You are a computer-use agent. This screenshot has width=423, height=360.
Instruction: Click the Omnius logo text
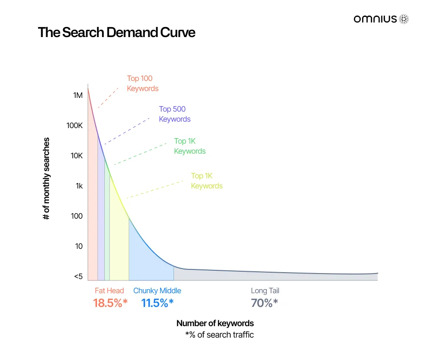(375, 19)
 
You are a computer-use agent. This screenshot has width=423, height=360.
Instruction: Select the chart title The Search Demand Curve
(116, 33)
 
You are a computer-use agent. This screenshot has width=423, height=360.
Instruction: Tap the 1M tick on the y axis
(78, 95)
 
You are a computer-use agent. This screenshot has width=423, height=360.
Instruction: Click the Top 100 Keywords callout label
(142, 83)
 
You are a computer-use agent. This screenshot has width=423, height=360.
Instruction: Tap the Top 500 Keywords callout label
(174, 114)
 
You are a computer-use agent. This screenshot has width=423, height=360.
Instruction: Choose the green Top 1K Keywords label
(190, 146)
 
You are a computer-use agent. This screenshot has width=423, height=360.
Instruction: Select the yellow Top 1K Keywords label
(206, 181)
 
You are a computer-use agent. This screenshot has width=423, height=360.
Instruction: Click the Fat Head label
(109, 290)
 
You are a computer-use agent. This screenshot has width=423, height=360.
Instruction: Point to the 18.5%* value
(110, 303)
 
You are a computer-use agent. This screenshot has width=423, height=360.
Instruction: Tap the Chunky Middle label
(157, 290)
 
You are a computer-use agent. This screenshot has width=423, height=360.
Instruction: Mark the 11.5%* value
(157, 303)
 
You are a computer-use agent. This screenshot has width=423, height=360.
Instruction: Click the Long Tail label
(265, 290)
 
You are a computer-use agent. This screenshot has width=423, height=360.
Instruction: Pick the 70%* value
(264, 303)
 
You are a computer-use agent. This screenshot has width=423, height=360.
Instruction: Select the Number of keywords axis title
(215, 323)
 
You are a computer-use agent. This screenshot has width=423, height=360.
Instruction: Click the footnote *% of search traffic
(219, 334)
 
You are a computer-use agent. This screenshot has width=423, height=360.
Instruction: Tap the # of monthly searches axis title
(46, 178)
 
